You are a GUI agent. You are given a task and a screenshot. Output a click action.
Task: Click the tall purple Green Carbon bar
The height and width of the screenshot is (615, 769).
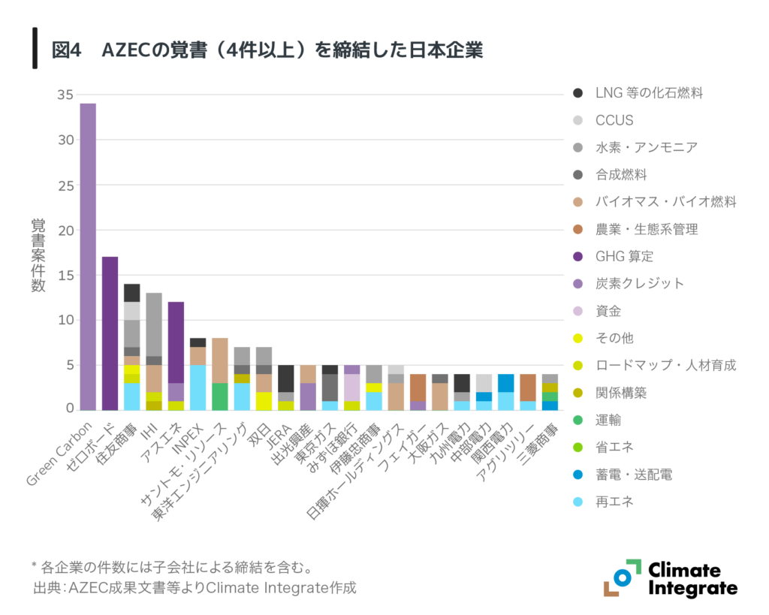click(x=88, y=255)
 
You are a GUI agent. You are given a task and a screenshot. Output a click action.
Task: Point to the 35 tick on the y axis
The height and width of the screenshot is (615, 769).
click(x=65, y=95)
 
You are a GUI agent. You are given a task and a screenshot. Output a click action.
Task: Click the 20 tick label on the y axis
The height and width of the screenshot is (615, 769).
click(x=65, y=230)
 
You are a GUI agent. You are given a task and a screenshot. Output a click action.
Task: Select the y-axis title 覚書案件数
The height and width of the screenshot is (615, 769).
click(x=38, y=255)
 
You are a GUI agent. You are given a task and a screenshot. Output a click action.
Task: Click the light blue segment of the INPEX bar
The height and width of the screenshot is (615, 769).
click(x=198, y=387)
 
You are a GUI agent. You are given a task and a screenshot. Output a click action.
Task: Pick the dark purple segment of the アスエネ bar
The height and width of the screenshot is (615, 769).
click(x=176, y=342)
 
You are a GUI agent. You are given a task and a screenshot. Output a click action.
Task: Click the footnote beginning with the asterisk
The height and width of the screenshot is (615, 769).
click(x=172, y=565)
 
